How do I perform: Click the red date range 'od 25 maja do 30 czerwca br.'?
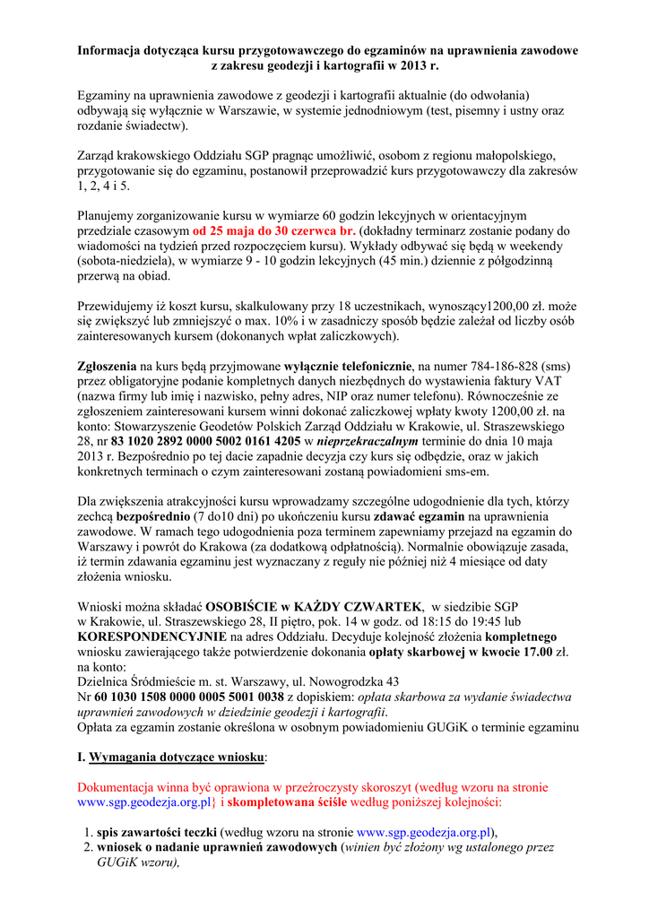coord(274,230)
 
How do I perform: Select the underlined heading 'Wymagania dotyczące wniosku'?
coord(177,757)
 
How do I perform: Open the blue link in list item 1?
coord(424,831)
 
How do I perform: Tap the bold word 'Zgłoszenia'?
coord(107,366)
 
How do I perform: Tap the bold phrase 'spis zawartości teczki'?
coord(157,831)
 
